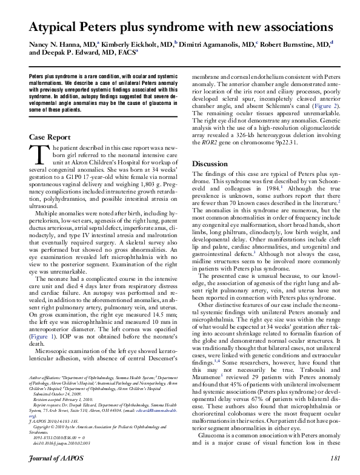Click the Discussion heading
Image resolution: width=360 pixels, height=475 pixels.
pos(210,164)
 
